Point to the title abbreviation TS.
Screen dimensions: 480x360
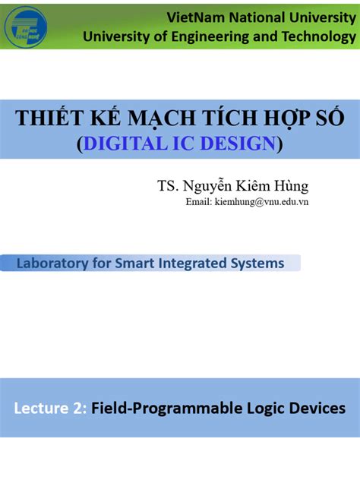168,186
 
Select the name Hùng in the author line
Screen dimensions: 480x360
292,186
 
